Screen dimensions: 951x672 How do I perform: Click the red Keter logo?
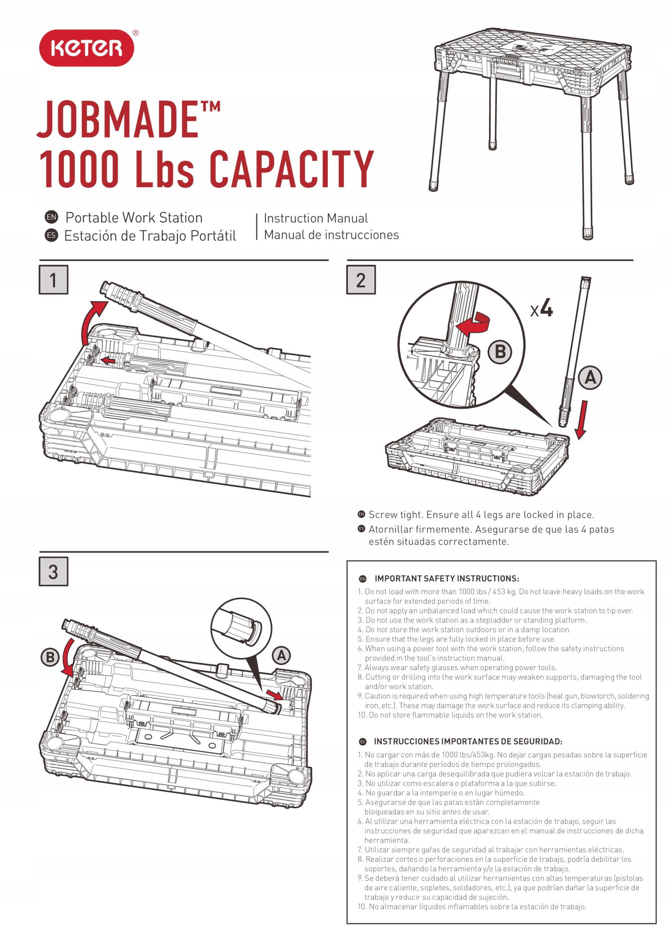(87, 48)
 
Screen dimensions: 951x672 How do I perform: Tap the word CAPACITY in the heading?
(291, 169)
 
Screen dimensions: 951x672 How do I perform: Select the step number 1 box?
(53, 280)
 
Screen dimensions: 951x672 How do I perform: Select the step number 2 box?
(361, 280)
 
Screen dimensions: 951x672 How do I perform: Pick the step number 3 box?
(53, 572)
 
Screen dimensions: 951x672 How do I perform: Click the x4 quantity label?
(542, 309)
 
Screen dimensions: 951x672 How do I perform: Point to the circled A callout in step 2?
(590, 377)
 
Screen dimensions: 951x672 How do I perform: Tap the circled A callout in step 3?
(281, 656)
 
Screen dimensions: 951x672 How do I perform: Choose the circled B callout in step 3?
(50, 657)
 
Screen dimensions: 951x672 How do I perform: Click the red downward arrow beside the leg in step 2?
(581, 419)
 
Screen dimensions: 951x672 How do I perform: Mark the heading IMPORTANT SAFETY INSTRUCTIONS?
(447, 579)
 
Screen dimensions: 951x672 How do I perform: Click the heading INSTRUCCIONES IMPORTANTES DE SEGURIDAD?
(468, 741)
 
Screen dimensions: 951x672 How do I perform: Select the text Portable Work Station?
(134, 217)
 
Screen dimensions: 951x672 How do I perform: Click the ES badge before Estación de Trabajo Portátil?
(51, 235)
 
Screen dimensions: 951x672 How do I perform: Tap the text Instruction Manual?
(316, 218)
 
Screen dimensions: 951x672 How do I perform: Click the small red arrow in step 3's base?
(275, 695)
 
